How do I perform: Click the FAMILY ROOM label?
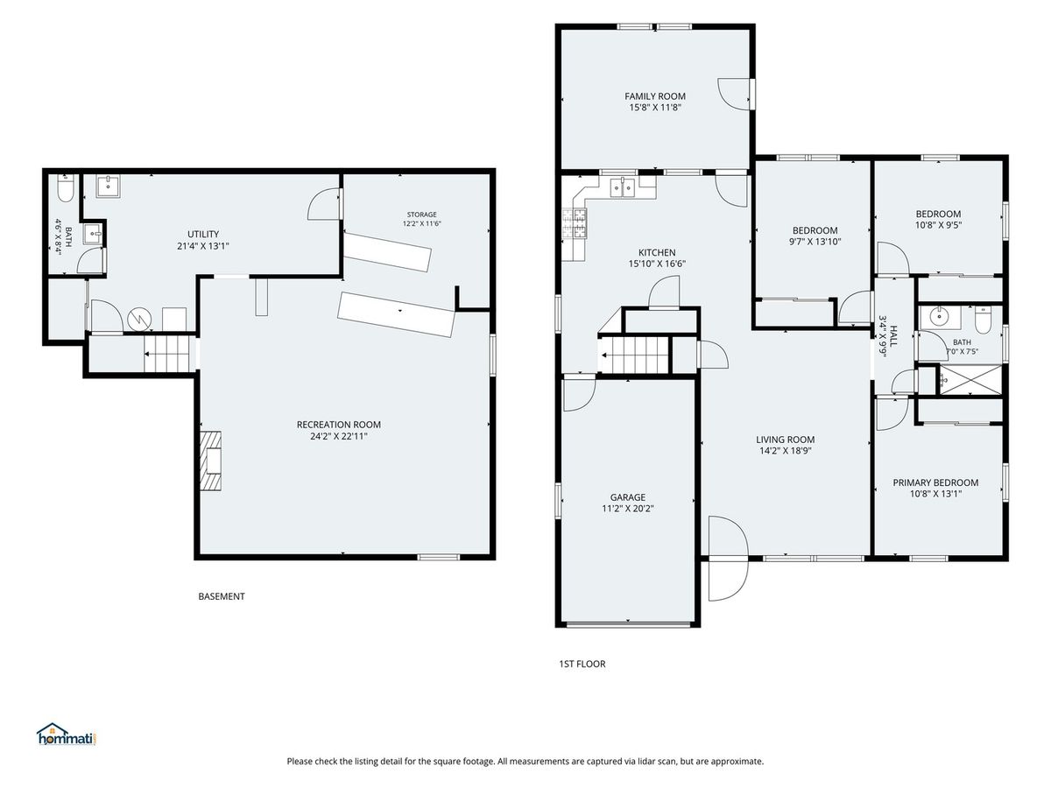[x=654, y=96]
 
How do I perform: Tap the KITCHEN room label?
[x=657, y=253]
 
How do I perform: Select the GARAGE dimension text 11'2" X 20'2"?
[x=628, y=509]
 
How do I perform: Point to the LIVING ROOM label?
[x=786, y=440]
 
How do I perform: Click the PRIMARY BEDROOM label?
[x=935, y=482]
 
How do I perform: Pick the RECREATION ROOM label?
[x=339, y=425]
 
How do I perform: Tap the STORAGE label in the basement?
[x=422, y=215]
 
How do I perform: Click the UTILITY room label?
[x=203, y=234]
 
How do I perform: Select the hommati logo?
[x=67, y=735]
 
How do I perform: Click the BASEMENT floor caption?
[x=222, y=596]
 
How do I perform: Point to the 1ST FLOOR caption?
[x=582, y=664]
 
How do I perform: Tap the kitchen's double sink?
[x=622, y=187]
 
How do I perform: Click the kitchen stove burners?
[x=574, y=224]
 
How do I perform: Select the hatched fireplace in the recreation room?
[x=211, y=461]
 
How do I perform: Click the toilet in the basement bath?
[x=65, y=187]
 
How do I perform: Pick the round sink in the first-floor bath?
[x=939, y=316]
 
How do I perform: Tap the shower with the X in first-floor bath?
[x=970, y=379]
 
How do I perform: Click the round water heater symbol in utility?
[x=139, y=320]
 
